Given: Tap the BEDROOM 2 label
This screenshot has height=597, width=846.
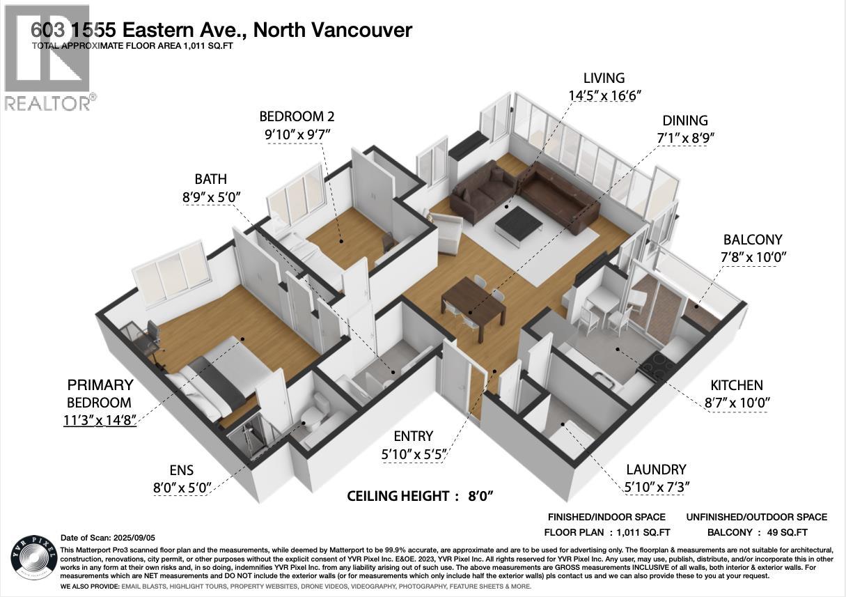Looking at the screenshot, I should click(301, 116).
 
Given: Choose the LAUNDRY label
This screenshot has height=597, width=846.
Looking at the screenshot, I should click(656, 470).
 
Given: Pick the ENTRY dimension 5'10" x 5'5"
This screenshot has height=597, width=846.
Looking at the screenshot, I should click(413, 454).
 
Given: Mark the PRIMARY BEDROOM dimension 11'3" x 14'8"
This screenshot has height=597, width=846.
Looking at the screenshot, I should click(99, 420).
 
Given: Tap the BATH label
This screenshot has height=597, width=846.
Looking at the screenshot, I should click(210, 179).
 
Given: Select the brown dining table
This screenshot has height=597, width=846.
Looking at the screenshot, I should click(473, 304).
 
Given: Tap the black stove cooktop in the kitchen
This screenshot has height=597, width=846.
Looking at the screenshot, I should click(655, 364).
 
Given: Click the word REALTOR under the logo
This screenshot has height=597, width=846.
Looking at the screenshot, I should click(46, 103).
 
